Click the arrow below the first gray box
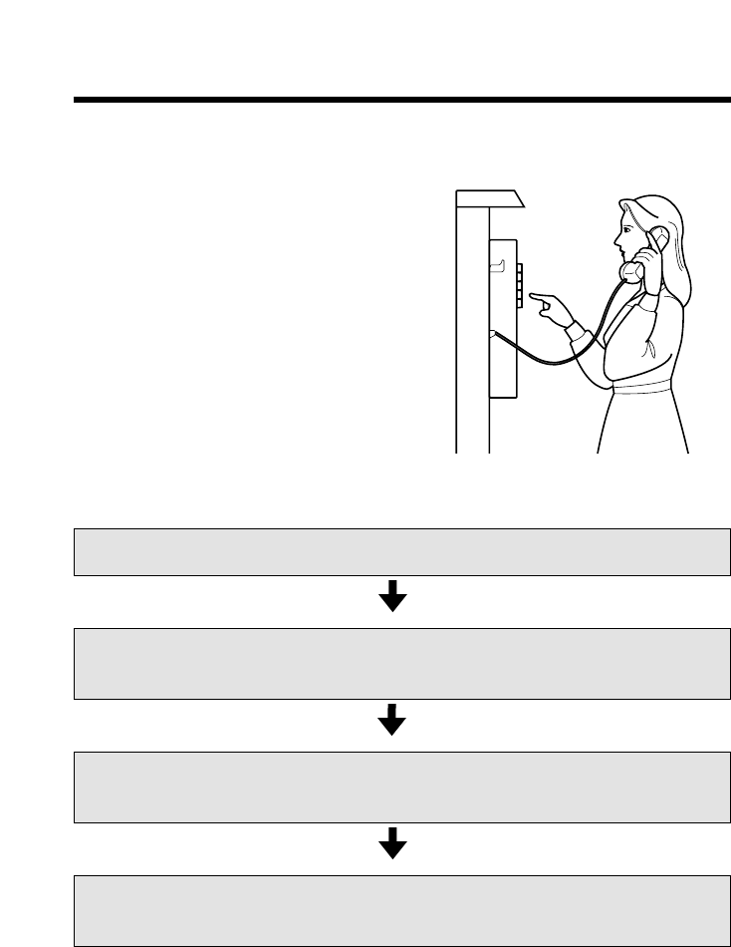pos(394,596)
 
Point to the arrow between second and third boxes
pos(394,720)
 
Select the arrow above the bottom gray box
pos(394,843)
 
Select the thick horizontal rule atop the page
pos(400,100)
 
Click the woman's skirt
pos(642,424)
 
